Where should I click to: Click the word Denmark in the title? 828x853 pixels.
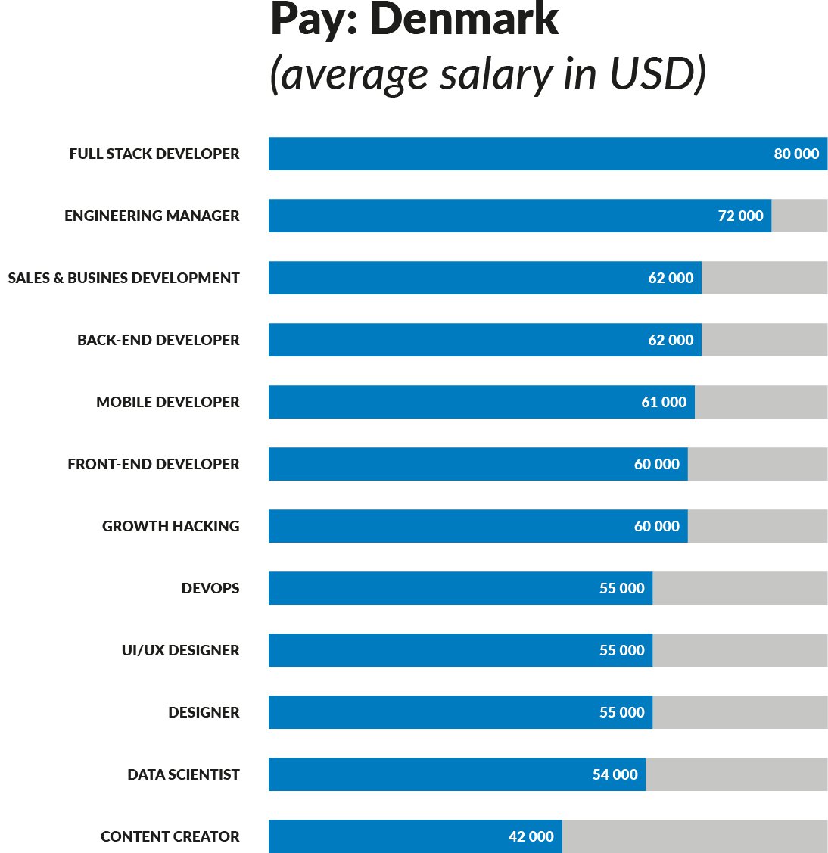(x=464, y=20)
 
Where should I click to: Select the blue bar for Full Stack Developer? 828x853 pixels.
(x=515, y=154)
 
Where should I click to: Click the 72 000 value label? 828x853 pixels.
(x=740, y=216)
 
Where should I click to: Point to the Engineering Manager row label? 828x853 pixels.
(x=152, y=216)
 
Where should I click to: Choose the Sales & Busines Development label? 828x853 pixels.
(x=123, y=278)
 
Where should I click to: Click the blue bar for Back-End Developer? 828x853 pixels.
(x=454, y=340)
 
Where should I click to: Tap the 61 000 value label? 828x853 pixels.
(x=664, y=402)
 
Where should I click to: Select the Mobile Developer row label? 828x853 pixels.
(x=167, y=402)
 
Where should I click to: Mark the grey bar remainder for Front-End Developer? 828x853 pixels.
(x=757, y=464)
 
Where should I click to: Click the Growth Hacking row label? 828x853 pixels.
(x=170, y=526)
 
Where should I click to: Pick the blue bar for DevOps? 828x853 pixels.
(x=431, y=588)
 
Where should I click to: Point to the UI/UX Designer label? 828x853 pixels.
(x=180, y=650)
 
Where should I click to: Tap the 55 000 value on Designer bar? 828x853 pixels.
(x=621, y=712)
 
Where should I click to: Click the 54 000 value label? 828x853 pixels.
(x=615, y=774)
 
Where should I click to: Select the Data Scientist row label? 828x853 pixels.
(x=183, y=774)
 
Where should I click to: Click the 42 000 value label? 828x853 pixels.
(x=531, y=836)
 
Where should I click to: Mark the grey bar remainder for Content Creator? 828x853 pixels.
(x=694, y=836)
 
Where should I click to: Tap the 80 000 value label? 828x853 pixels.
(x=796, y=154)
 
